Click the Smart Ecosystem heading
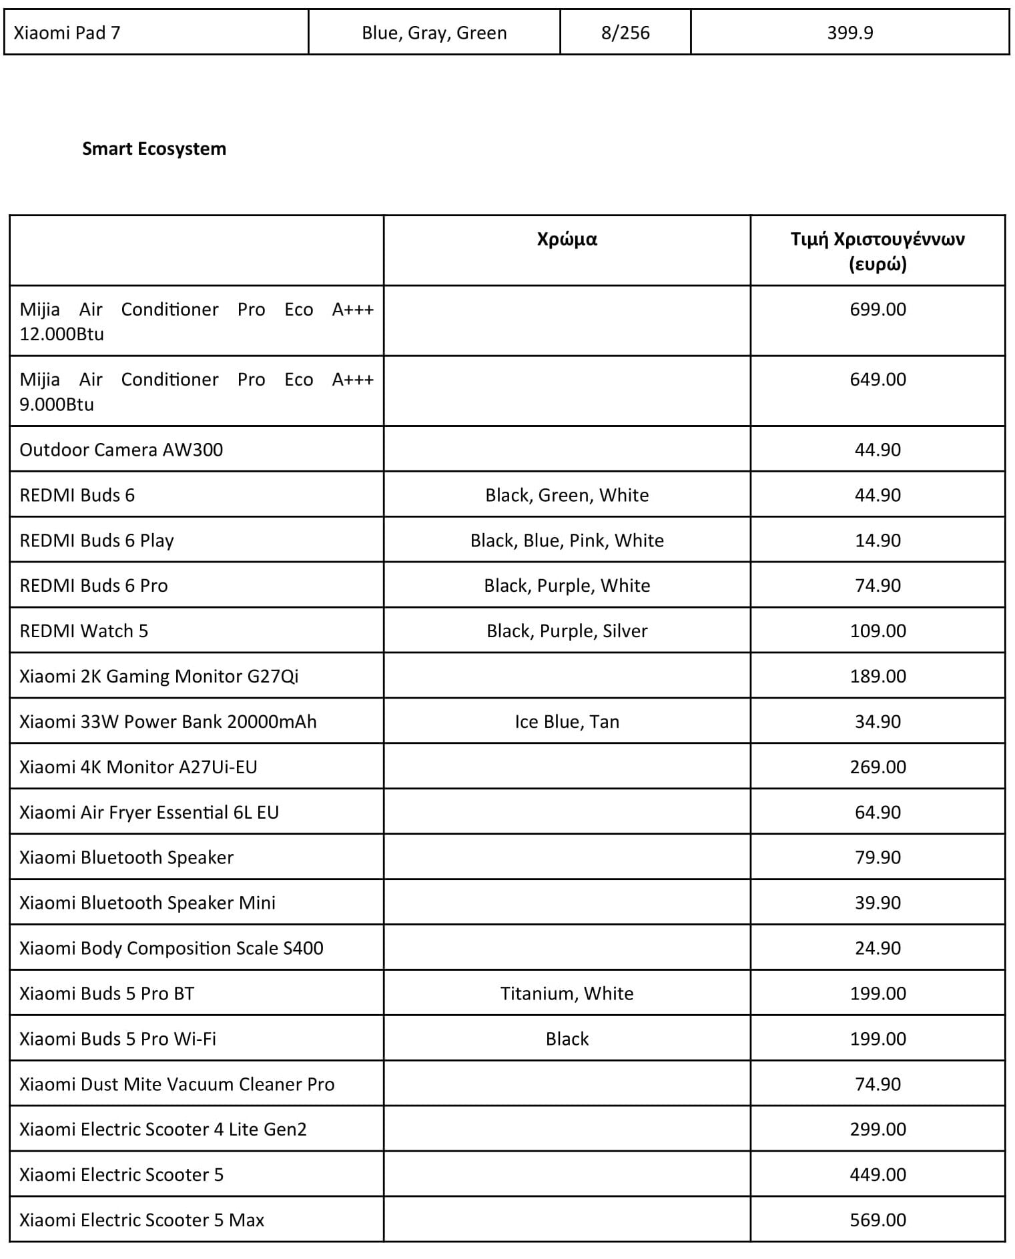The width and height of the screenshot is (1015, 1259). (x=154, y=148)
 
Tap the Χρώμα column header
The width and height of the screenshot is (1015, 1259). (x=567, y=239)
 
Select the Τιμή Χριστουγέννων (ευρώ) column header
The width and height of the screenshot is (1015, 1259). (x=878, y=251)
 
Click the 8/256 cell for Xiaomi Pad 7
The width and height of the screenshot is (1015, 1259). (x=625, y=33)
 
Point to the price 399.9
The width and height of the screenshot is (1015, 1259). (x=850, y=33)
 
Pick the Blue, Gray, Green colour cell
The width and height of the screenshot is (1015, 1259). (x=434, y=33)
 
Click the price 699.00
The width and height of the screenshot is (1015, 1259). (x=878, y=310)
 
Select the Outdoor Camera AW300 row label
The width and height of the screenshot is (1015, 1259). (x=121, y=450)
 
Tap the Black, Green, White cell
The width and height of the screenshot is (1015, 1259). (x=567, y=495)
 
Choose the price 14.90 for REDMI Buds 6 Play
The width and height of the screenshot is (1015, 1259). (x=878, y=540)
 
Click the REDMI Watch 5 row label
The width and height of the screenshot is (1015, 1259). (x=84, y=631)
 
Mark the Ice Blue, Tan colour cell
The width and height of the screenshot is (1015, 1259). (x=567, y=722)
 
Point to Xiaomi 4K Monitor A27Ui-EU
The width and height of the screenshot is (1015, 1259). (x=138, y=767)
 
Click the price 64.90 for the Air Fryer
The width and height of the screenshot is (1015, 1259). (x=878, y=813)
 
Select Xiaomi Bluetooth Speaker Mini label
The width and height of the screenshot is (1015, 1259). (x=147, y=903)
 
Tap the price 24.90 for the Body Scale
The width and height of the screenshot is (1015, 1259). (x=878, y=948)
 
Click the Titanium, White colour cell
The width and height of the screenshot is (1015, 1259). (x=567, y=993)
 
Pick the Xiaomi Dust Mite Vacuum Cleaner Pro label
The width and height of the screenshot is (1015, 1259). (x=177, y=1084)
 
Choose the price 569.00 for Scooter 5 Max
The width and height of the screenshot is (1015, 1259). (x=878, y=1220)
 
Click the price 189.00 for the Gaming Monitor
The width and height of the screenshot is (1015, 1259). (x=878, y=677)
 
